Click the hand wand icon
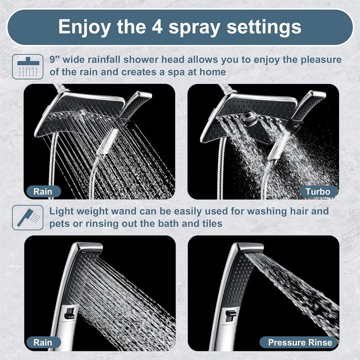coord(27,217)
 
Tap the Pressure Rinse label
coord(300,342)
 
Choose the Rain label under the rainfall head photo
coord(42,191)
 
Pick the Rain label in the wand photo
coord(42,342)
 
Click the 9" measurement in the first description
coord(54,60)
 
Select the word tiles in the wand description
coord(209,223)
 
